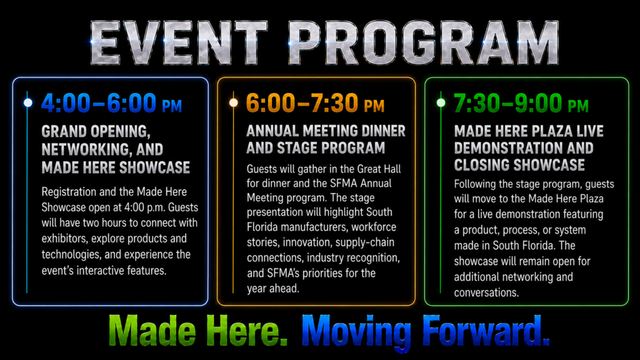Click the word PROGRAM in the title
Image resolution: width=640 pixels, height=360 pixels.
(x=423, y=43)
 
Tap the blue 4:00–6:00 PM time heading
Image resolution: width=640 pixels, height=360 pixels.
(x=111, y=103)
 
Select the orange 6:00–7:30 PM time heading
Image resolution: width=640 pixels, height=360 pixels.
(x=315, y=103)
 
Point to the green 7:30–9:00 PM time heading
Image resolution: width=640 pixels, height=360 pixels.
(x=521, y=103)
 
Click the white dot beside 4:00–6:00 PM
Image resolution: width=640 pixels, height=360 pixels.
(x=27, y=102)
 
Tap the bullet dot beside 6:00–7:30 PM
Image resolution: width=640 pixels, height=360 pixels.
(x=234, y=102)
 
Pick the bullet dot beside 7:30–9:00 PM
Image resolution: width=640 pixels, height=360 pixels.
(x=441, y=102)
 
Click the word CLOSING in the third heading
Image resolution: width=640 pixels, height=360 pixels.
(x=484, y=165)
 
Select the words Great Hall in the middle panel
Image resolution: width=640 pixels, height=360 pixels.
(x=379, y=169)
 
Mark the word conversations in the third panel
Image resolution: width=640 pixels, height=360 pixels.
(x=486, y=292)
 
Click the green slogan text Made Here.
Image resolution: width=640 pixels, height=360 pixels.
(x=198, y=330)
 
